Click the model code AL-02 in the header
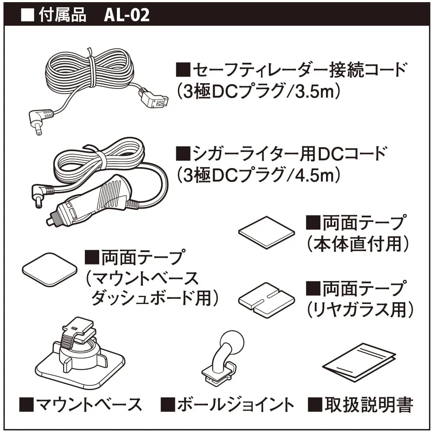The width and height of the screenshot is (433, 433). (x=127, y=15)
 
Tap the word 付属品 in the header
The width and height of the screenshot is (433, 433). (x=62, y=15)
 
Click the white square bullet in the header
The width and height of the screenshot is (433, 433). (x=27, y=15)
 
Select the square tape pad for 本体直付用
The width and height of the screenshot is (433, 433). (x=266, y=233)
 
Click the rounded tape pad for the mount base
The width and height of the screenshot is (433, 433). (x=49, y=269)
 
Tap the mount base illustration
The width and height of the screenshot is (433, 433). (x=80, y=353)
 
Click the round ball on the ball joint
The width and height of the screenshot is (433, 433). (x=232, y=342)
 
